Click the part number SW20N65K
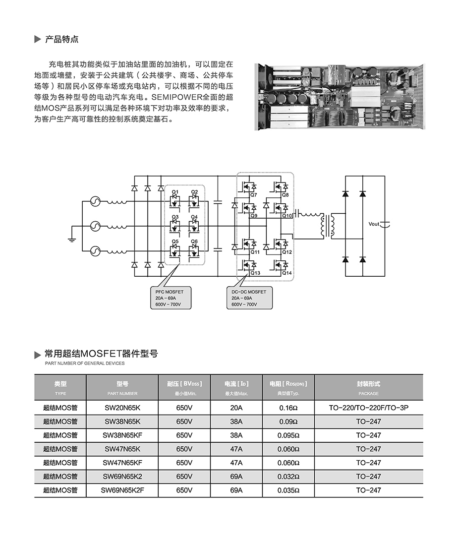pos(122,408)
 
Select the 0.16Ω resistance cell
pos(288,408)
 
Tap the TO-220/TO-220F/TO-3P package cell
pos(368,408)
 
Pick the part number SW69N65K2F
pos(122,490)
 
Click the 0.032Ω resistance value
pos(288,477)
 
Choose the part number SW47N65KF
pos(122,463)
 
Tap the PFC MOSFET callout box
pos(170,298)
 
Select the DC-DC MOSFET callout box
pos(249,298)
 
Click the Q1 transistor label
pos(175,192)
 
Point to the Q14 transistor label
pos(286,273)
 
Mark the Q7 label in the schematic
pos(254,195)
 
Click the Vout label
pos(374,224)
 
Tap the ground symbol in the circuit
pos(71,240)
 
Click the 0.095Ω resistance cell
pos(288,435)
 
